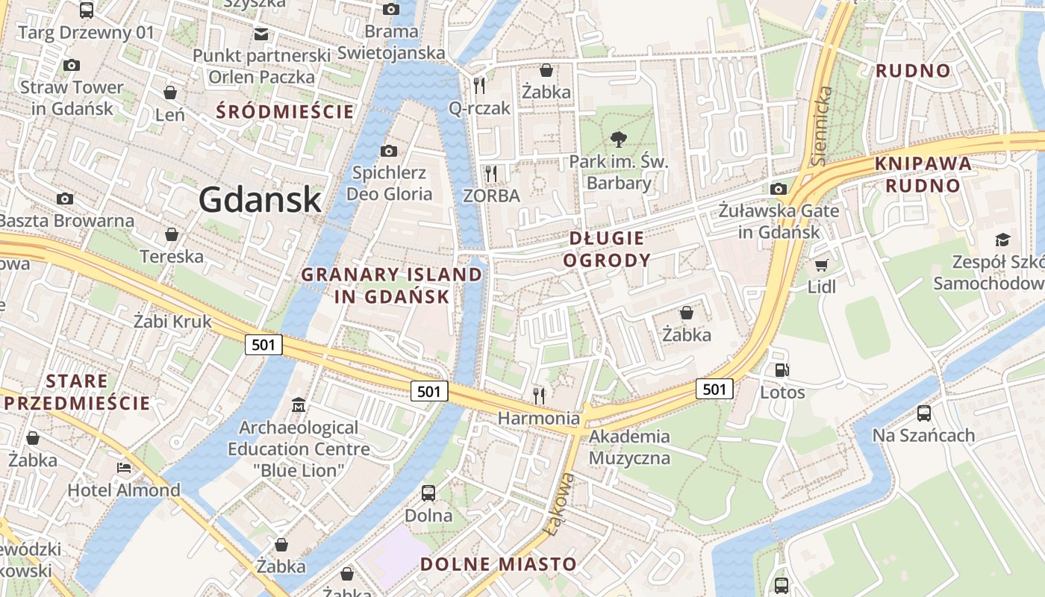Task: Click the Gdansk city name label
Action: tap(260, 200)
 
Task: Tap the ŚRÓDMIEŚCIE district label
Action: tap(284, 112)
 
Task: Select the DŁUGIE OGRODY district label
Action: tap(607, 249)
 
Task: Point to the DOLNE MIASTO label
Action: tap(499, 563)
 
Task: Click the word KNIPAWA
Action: tap(923, 163)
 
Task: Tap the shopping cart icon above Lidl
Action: tap(822, 265)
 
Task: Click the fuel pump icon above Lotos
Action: tap(782, 370)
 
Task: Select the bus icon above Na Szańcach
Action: tap(924, 413)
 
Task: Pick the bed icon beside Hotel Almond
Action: tap(124, 468)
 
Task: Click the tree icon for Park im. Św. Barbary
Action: tap(618, 139)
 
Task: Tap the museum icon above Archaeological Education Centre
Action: tap(299, 405)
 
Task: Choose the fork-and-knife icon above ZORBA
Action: tap(490, 174)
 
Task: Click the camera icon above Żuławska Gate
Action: tap(779, 189)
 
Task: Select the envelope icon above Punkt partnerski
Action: tap(261, 34)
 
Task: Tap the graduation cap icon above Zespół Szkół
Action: tap(1002, 240)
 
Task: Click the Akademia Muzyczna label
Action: tap(629, 447)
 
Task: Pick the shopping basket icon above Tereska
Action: tap(171, 234)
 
